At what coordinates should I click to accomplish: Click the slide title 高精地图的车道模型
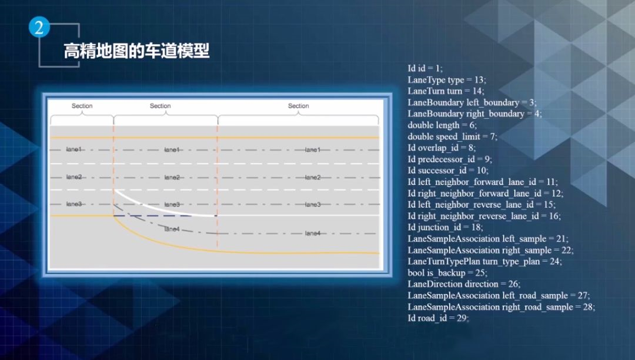[x=136, y=51]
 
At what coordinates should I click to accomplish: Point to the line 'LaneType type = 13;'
[x=447, y=79]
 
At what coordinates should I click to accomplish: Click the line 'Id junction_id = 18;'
[x=446, y=227]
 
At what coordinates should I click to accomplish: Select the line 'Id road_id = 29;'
[x=438, y=318]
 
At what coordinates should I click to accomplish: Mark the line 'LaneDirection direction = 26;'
[x=464, y=284]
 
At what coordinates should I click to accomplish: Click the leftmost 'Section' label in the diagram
[x=82, y=106]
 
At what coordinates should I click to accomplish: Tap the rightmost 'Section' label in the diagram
[x=298, y=106]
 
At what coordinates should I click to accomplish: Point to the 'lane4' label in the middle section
[x=172, y=229]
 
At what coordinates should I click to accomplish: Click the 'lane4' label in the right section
[x=313, y=234]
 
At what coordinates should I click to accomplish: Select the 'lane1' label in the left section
[x=74, y=149]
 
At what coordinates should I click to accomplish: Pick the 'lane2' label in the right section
[x=313, y=177]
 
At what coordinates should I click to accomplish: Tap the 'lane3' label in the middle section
[x=172, y=204]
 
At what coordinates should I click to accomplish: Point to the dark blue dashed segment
[x=165, y=216]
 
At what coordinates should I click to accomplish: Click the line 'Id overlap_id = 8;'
[x=442, y=148]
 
